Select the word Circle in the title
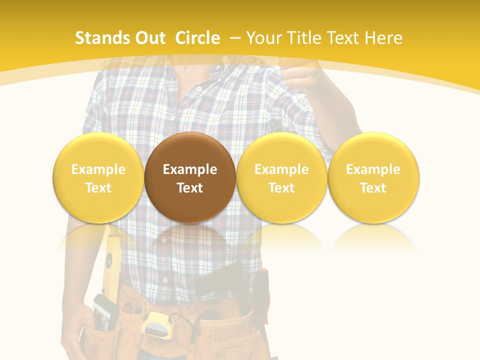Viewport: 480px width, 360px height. click(x=197, y=38)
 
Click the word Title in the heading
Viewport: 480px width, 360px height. click(x=304, y=38)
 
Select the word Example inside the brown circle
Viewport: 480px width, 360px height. click(x=190, y=169)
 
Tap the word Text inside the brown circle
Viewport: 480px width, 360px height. click(x=190, y=188)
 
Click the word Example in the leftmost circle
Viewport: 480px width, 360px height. click(x=98, y=169)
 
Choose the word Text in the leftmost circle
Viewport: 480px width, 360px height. click(x=98, y=188)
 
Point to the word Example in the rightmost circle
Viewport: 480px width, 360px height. click(x=373, y=169)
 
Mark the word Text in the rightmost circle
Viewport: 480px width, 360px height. click(x=373, y=188)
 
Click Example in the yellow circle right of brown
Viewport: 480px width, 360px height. click(x=281, y=169)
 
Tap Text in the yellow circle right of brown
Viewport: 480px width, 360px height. click(x=281, y=188)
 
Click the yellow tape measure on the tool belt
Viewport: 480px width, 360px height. click(x=156, y=324)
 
